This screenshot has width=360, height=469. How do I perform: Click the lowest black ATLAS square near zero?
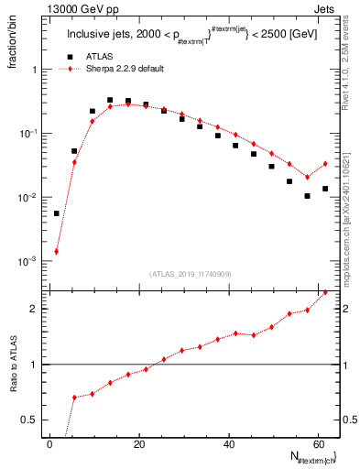coord(56,213)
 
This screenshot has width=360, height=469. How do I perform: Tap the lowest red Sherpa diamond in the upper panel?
coord(56,251)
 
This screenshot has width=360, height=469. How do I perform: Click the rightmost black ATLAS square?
coord(325,189)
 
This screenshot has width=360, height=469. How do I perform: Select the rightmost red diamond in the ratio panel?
coord(325,292)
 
